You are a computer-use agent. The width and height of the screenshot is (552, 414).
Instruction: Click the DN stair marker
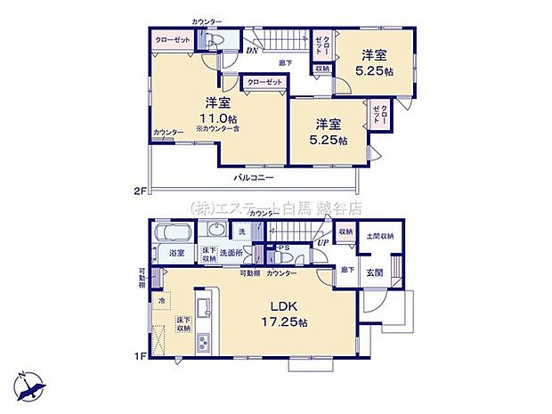(253, 51)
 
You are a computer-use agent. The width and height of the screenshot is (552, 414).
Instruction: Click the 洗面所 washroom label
(238, 253)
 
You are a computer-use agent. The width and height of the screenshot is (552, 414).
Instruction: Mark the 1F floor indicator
(138, 356)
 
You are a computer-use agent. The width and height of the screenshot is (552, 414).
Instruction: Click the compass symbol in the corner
(30, 385)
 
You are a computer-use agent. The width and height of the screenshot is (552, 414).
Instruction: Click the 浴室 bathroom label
(176, 253)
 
